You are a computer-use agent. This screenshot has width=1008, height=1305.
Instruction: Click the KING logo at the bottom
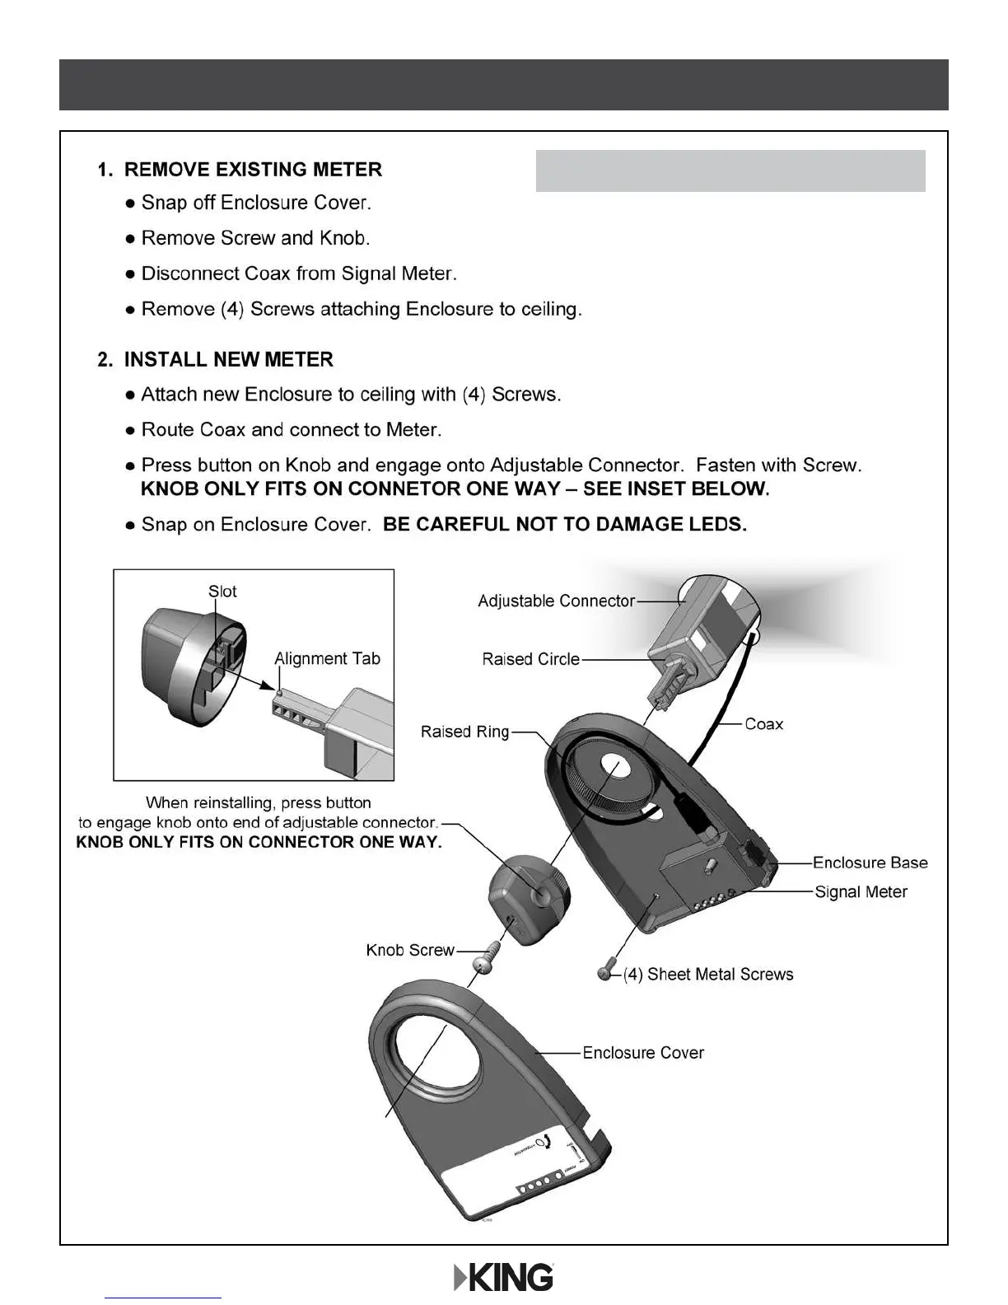click(504, 1277)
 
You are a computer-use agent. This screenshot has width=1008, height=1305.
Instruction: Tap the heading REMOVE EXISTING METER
click(252, 170)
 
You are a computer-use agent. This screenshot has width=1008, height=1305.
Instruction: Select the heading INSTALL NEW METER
click(228, 360)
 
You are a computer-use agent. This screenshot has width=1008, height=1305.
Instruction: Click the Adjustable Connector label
click(556, 601)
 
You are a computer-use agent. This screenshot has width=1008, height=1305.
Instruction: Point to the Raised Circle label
click(530, 660)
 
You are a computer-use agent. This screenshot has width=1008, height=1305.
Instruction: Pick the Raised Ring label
click(464, 732)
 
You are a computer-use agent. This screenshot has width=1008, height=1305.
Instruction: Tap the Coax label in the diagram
click(763, 724)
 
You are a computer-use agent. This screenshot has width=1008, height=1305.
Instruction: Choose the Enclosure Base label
click(870, 863)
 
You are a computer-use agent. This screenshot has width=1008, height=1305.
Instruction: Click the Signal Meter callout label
click(861, 892)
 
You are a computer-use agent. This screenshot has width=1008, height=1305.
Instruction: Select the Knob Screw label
click(409, 951)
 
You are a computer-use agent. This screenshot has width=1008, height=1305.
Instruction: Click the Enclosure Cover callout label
click(642, 1053)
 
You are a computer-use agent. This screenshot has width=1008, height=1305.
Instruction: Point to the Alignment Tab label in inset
click(327, 659)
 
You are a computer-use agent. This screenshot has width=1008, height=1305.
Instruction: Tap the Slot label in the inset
click(222, 592)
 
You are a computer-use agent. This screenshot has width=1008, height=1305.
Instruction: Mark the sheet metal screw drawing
click(608, 972)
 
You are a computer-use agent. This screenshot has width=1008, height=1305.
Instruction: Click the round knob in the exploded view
click(527, 894)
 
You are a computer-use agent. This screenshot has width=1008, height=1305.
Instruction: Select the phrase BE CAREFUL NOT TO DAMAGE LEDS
click(565, 525)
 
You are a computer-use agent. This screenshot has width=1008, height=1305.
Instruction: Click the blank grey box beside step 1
click(730, 171)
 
